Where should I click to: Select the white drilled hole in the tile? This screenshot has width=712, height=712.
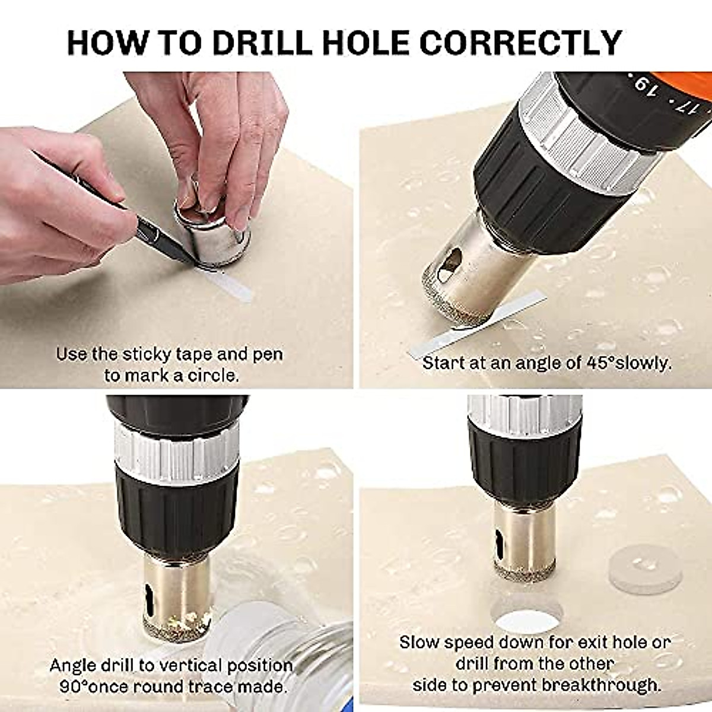coord(527,620)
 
